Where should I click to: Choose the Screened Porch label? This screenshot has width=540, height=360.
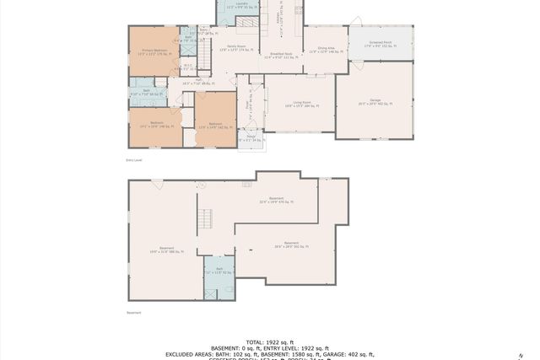click(381, 43)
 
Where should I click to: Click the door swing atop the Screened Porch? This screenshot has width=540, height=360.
click(356, 21)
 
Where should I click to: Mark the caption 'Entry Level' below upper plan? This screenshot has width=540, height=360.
click(134, 159)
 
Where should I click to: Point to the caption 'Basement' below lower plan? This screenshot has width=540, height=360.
click(134, 313)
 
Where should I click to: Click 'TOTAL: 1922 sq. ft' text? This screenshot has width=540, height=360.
click(269, 341)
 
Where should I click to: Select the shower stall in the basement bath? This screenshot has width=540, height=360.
click(227, 289)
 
